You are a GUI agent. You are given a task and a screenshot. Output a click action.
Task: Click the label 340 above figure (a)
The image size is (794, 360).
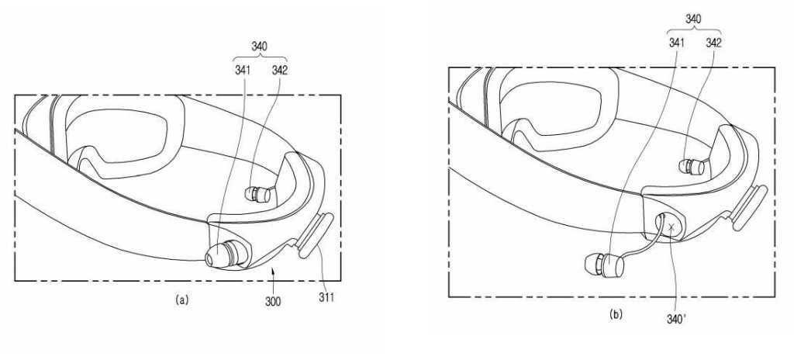[259, 47]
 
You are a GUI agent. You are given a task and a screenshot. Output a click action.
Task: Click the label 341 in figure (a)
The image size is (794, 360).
[243, 71]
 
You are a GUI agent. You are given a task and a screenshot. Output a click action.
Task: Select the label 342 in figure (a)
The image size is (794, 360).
[279, 71]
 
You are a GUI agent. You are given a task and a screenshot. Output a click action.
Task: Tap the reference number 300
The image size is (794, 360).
[273, 302]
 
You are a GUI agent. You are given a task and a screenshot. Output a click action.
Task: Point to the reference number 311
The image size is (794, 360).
[326, 297]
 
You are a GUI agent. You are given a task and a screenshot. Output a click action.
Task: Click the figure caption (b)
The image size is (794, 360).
[615, 315]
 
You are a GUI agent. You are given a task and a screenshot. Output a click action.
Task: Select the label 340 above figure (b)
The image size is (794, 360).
[693, 19]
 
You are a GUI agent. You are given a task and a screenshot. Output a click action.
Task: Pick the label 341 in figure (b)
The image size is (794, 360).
[676, 43]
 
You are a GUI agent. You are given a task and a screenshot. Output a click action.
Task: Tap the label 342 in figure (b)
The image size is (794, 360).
[713, 43]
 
